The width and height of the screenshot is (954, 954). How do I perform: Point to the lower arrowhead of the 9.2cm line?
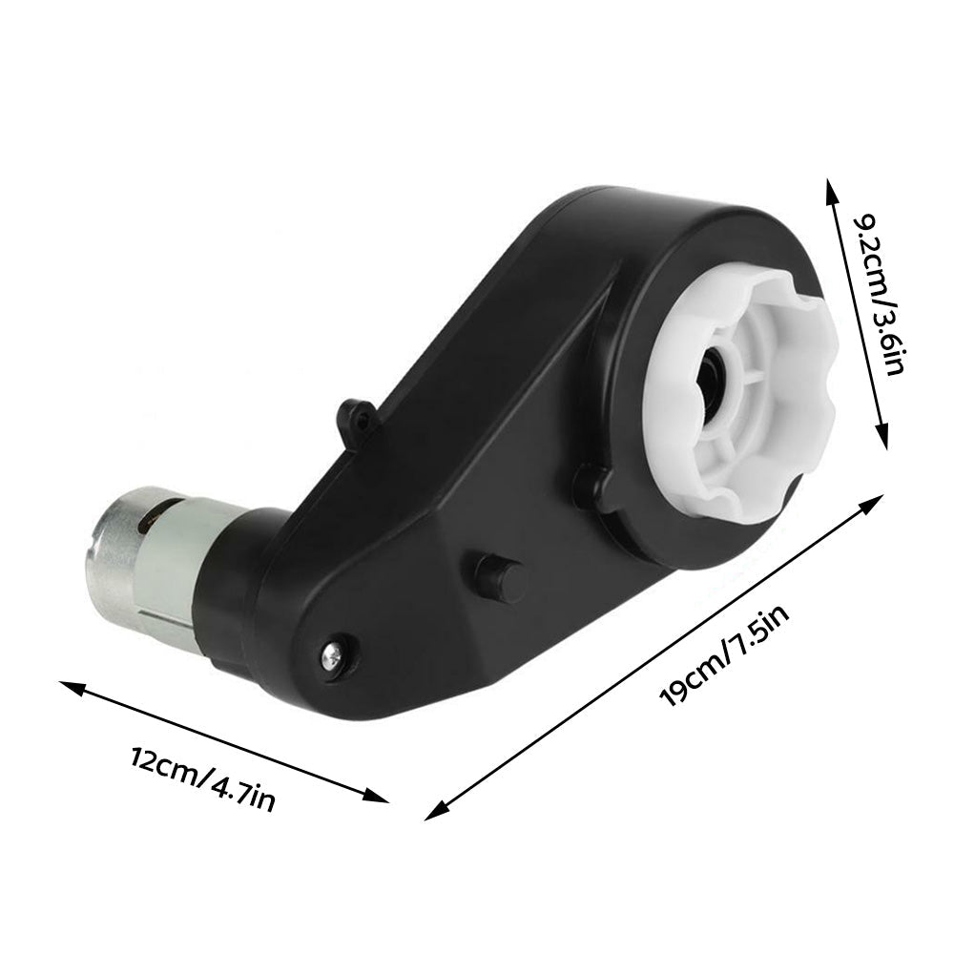884,434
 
